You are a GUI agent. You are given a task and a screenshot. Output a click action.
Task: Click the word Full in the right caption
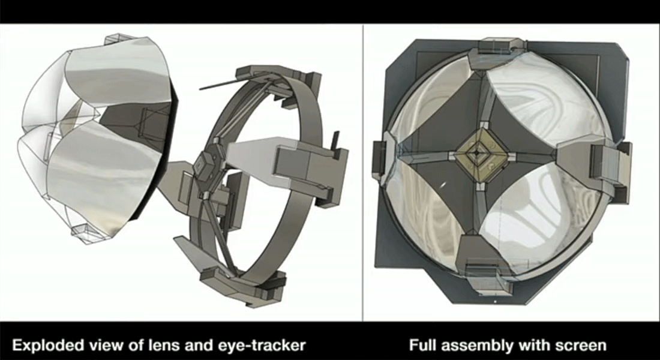(422, 345)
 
